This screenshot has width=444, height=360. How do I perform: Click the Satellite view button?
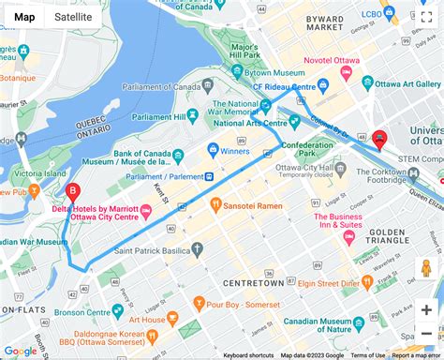click(73, 16)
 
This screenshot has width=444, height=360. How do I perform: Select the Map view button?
click(25, 16)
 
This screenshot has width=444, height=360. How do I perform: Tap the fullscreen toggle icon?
click(426, 17)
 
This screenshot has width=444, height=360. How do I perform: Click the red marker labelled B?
click(72, 192)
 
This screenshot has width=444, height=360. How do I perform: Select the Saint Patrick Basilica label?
click(153, 250)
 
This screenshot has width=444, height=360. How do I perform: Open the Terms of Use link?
click(368, 355)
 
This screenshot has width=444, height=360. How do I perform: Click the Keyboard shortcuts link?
click(248, 355)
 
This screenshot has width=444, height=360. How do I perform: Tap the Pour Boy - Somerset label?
click(237, 304)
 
